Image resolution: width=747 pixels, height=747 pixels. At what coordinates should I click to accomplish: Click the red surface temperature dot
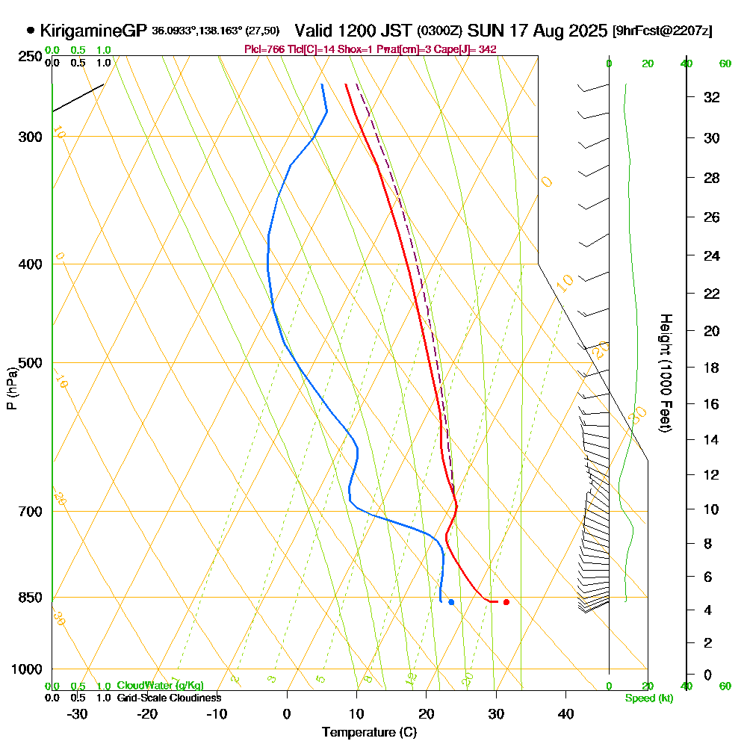click(506, 602)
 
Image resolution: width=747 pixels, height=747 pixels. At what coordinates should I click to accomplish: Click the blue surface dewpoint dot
click(451, 602)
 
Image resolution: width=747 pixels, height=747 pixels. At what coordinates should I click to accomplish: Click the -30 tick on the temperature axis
click(78, 714)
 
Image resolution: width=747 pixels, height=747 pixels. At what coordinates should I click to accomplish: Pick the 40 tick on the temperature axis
click(566, 714)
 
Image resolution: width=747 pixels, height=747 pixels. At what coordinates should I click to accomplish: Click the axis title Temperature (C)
click(369, 733)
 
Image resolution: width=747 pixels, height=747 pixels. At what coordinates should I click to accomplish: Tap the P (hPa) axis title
click(12, 388)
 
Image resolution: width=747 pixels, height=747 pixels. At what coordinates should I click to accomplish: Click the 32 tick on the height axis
click(711, 97)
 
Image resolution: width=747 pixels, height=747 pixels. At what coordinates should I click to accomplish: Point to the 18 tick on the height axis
click(711, 368)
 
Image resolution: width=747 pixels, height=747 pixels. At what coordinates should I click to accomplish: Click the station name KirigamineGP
click(93, 31)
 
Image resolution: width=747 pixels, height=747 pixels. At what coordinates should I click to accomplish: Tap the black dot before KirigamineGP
click(31, 31)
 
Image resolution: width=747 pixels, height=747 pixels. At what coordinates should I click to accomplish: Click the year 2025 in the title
click(586, 31)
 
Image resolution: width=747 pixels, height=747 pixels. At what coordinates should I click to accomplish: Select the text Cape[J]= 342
click(472, 49)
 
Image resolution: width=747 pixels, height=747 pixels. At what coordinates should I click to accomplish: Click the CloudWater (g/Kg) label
click(160, 686)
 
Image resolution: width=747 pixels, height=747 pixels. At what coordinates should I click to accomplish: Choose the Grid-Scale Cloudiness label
click(168, 698)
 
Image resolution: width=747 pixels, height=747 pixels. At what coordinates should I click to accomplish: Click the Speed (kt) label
click(647, 698)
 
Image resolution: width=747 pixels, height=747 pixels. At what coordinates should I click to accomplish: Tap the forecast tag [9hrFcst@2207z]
click(662, 31)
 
